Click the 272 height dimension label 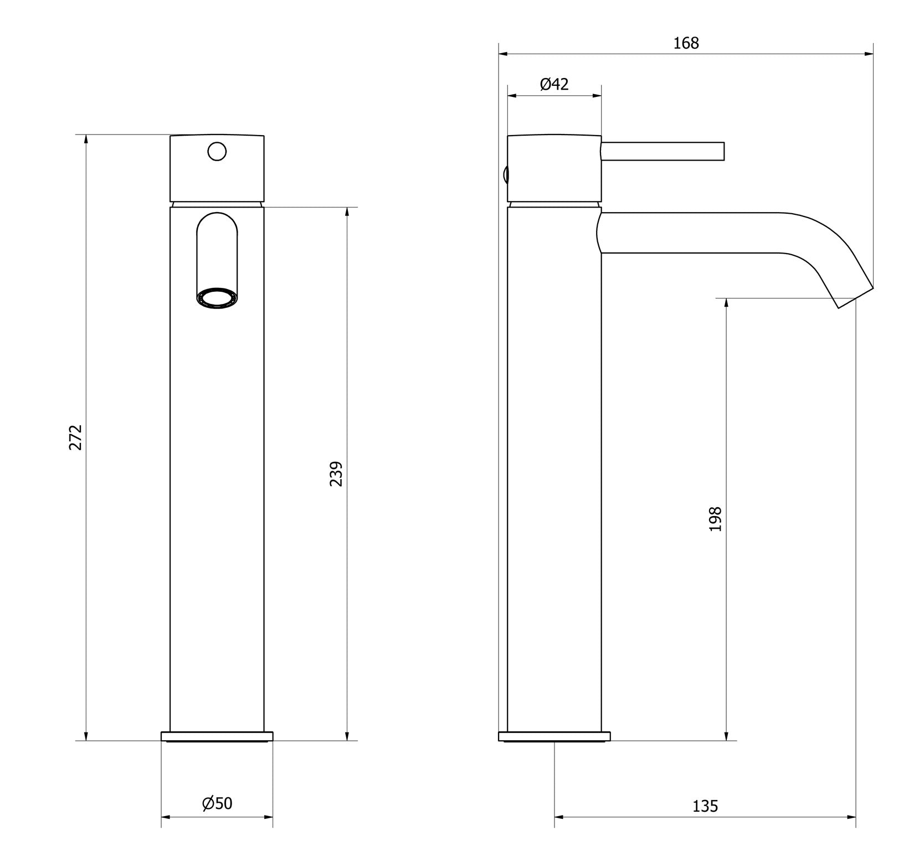pos(75,437)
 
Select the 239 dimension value pos(336,474)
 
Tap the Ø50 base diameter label pos(217,803)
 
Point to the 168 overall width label pos(686,43)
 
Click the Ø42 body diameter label pos(554,84)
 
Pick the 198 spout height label pos(715,519)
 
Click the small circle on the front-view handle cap pos(217,151)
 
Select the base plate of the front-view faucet pos(217,736)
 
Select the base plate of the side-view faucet pos(554,736)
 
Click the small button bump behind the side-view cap pos(505,175)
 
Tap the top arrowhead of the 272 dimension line pos(86,139)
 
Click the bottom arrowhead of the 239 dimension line pos(347,736)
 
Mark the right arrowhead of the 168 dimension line pos(869,54)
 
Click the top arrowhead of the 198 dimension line pos(726,303)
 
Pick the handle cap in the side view pos(554,168)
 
